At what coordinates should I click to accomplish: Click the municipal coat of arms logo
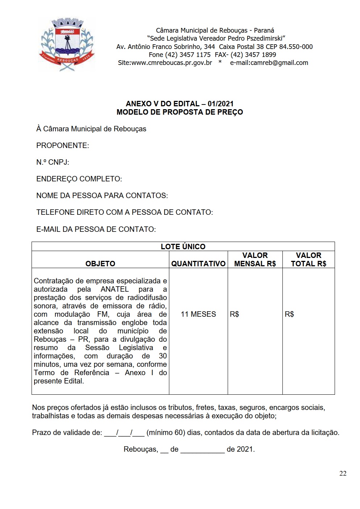pos(67,44)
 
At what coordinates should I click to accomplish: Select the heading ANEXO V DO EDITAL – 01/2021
pos(179,104)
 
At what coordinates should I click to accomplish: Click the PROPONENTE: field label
pos(62,145)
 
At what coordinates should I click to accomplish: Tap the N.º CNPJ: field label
pos(53,162)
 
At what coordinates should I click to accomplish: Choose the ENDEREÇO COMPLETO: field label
pos(79,179)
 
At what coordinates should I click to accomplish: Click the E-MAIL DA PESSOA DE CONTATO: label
pos(96,229)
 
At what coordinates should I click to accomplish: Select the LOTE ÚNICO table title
pos(183,247)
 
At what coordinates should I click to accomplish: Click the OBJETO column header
pos(100,264)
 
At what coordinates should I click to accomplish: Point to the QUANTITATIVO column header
pos(198,264)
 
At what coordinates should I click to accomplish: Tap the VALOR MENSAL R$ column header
pos(255,259)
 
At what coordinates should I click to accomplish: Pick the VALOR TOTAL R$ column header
pos(309,259)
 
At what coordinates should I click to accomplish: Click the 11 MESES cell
pos(198,314)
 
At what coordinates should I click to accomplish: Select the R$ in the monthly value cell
pos(235,314)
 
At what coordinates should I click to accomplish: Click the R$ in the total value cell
pos(289,314)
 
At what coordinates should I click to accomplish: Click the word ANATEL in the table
pos(115,289)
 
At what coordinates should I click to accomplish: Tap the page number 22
pos(343,473)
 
